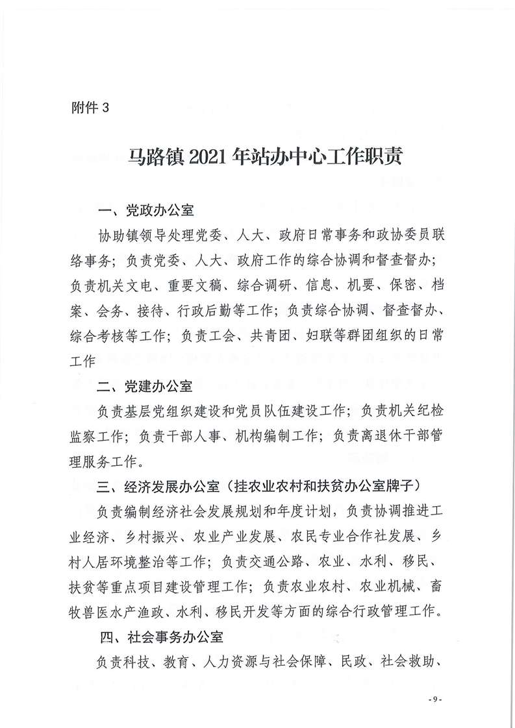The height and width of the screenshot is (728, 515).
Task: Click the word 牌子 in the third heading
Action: coord(407,485)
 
